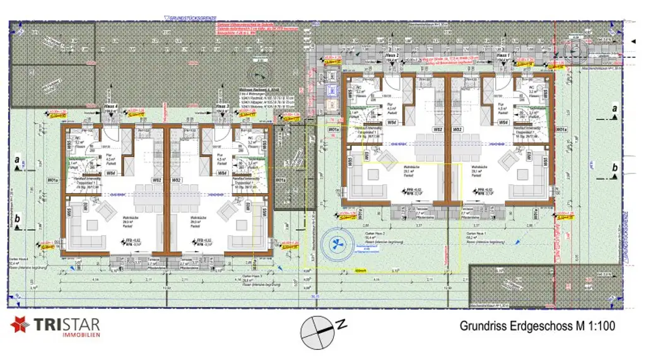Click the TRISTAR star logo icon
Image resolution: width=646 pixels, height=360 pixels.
point(20,325)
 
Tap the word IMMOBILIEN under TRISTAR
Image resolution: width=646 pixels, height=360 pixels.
point(79,335)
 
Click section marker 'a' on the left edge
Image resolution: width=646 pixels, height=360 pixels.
point(18,160)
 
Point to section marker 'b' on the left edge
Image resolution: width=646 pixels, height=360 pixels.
point(18,219)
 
